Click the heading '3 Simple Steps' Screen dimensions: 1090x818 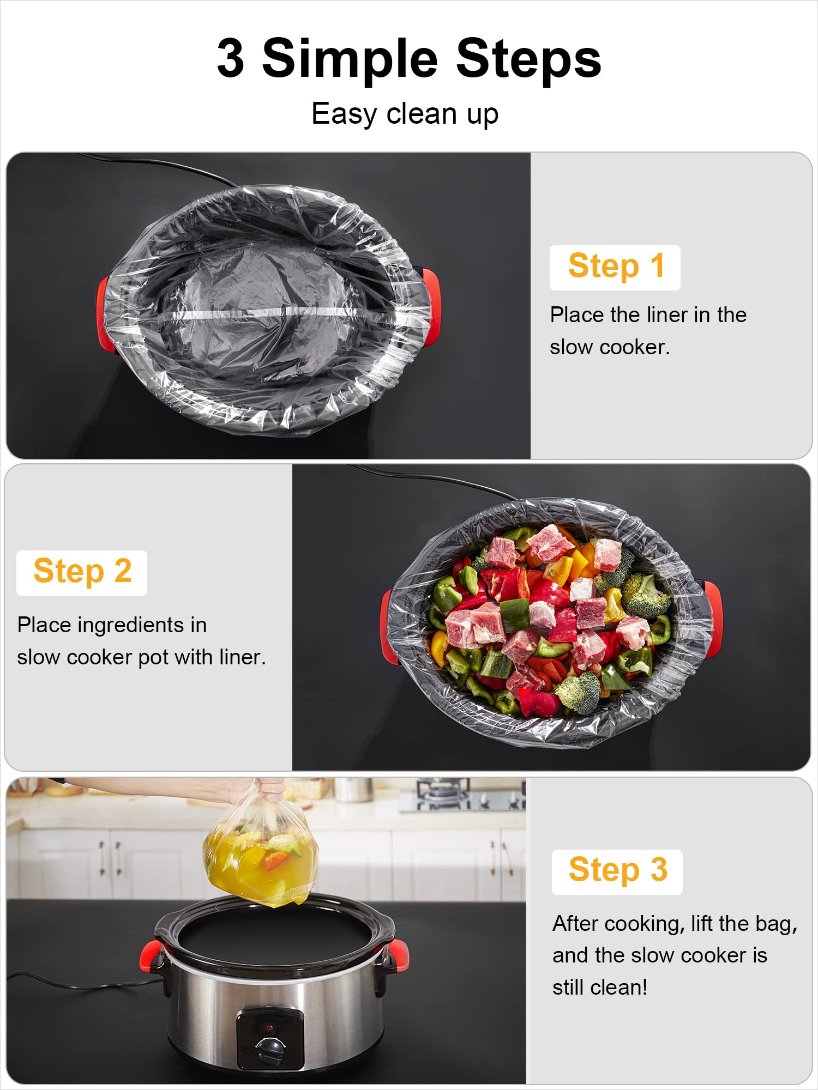click(409, 58)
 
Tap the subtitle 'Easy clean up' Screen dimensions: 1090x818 click(405, 114)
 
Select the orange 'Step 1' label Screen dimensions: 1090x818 click(615, 267)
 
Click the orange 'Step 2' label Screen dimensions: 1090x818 click(82, 572)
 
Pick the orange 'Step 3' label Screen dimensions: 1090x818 click(617, 870)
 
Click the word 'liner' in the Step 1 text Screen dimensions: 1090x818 click(667, 315)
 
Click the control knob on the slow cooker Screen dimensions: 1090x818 click(270, 1047)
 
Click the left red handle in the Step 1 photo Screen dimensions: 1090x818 click(104, 313)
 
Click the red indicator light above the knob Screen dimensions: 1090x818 click(269, 1028)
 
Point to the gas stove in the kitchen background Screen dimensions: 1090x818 click(464, 794)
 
